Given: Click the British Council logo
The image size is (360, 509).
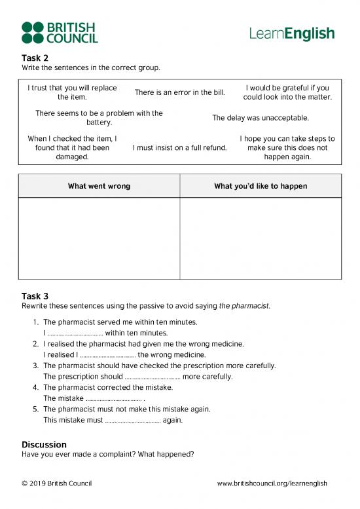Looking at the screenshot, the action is pos(60,32).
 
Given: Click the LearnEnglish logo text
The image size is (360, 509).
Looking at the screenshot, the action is pos(292,33).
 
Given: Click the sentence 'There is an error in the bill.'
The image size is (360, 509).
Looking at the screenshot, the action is pos(179,92).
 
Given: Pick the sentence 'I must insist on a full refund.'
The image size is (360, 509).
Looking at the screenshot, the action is pos(179,148).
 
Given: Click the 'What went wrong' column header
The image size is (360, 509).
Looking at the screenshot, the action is pos(99,186).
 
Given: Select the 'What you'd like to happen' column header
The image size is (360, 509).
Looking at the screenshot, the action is pos(261,186).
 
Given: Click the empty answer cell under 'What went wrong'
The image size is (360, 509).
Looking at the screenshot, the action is pos(99,238).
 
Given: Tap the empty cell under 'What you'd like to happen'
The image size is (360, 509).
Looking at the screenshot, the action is pos(261,238).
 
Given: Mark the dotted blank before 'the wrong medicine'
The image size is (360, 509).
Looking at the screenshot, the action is pos(107,355).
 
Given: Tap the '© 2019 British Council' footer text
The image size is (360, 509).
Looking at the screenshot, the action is pos(56,483).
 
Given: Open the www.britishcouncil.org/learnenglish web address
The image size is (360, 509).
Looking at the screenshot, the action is pos(272,483).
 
